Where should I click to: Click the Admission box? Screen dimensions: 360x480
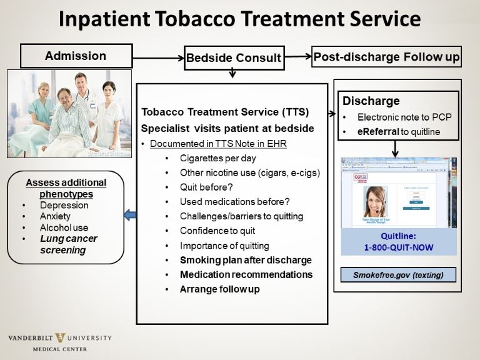click(x=76, y=56)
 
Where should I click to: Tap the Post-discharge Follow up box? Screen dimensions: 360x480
click(x=386, y=57)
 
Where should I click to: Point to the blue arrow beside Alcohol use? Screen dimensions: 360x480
click(x=129, y=216)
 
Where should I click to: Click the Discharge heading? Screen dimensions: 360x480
click(x=371, y=101)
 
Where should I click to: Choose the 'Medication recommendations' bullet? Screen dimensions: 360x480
click(x=246, y=274)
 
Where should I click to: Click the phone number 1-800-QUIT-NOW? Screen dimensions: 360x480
click(x=399, y=247)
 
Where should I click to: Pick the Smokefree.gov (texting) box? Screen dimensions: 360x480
click(x=398, y=274)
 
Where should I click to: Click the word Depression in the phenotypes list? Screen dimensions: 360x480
click(x=64, y=205)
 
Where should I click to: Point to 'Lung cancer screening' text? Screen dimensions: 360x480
click(x=68, y=244)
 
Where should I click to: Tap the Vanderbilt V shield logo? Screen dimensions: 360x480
click(x=60, y=338)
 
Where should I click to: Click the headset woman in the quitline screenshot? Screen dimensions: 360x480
click(x=375, y=202)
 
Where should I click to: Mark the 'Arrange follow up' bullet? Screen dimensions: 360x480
click(x=219, y=289)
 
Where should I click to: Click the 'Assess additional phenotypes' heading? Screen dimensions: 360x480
click(x=66, y=188)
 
